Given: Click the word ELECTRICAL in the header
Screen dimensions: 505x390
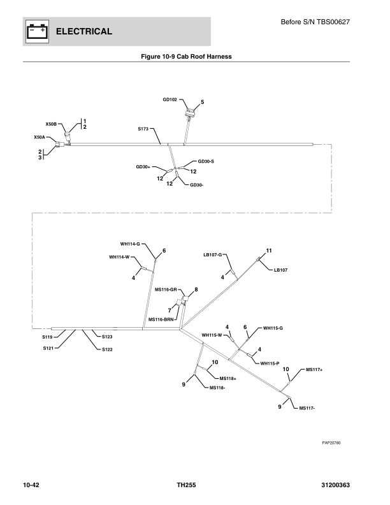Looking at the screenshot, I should (x=84, y=32).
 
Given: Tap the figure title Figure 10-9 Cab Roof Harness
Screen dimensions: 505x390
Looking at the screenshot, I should (x=186, y=57).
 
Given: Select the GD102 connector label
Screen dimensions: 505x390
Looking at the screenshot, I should (x=170, y=99).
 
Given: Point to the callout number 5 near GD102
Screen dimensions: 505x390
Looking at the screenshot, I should (x=202, y=102).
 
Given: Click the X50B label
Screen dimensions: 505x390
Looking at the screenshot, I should (x=52, y=124).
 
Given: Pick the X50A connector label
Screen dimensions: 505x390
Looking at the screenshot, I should (x=40, y=137).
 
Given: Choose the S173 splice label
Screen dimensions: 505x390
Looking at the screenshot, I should (x=143, y=129).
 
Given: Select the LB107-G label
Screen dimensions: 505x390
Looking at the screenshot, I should (x=212, y=255).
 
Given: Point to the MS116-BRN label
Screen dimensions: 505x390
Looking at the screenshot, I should (x=161, y=319).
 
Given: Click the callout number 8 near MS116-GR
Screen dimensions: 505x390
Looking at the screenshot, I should (x=196, y=289).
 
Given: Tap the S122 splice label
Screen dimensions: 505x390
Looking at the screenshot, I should (x=107, y=349).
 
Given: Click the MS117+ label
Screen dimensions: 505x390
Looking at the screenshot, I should (x=315, y=369).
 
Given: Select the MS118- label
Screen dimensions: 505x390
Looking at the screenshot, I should (x=217, y=387).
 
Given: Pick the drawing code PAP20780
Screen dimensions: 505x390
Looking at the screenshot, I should (x=331, y=443).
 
